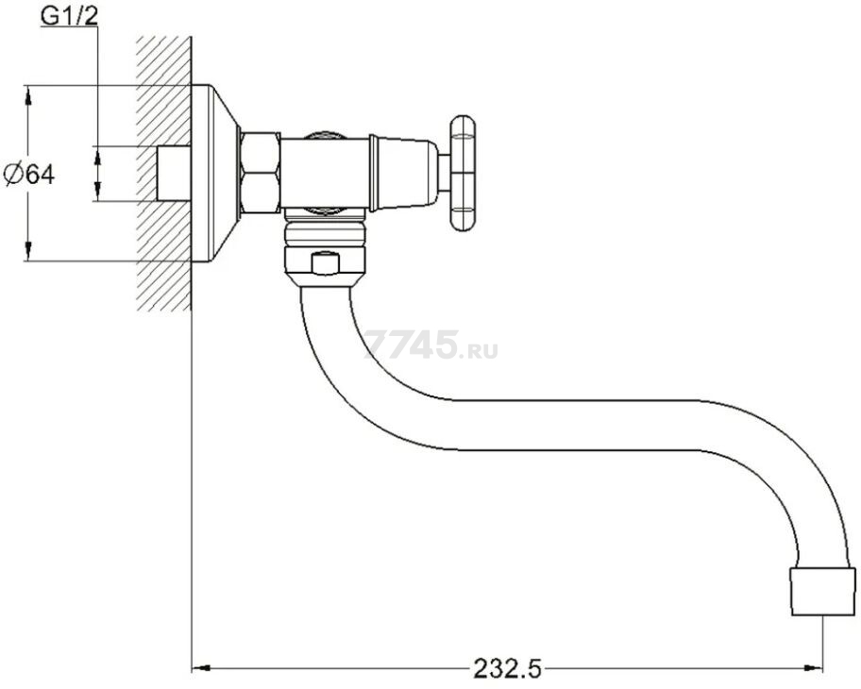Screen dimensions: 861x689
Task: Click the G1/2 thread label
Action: click(69, 16)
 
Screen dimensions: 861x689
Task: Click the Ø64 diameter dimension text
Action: click(29, 175)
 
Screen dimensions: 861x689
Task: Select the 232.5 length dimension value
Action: click(507, 668)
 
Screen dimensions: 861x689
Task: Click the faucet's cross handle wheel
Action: click(463, 173)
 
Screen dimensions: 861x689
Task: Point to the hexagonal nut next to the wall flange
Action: click(261, 173)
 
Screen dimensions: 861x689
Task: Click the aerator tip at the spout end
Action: click(822, 591)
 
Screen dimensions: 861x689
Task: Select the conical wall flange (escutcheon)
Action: click(214, 173)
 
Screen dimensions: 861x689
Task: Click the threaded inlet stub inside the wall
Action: click(174, 174)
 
